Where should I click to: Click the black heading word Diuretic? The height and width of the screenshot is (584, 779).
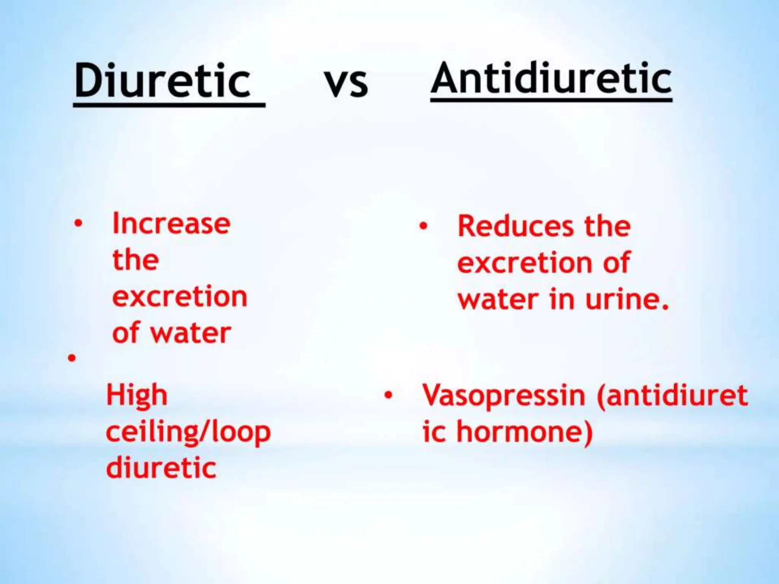(x=162, y=81)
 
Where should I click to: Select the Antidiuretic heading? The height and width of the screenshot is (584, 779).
(x=551, y=78)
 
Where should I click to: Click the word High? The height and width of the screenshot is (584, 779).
(x=137, y=396)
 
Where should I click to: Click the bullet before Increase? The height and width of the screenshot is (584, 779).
(x=78, y=224)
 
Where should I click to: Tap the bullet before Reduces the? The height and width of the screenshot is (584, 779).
(x=423, y=226)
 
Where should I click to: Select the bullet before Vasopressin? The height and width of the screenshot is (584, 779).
(x=388, y=396)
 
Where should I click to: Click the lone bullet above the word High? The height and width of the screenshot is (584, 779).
(x=72, y=358)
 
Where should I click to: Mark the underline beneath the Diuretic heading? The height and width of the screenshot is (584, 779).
(x=169, y=105)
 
